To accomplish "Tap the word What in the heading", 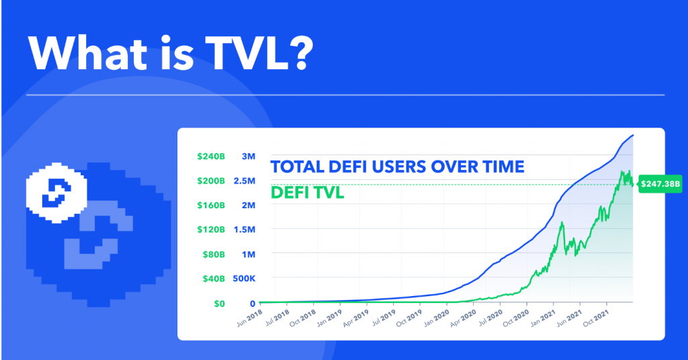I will pos(92,52).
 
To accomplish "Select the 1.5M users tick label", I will pos(244,230).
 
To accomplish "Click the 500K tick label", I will pos(243,279).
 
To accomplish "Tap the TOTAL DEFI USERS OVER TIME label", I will pos(396,167).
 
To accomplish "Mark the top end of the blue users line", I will pos(633,136).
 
